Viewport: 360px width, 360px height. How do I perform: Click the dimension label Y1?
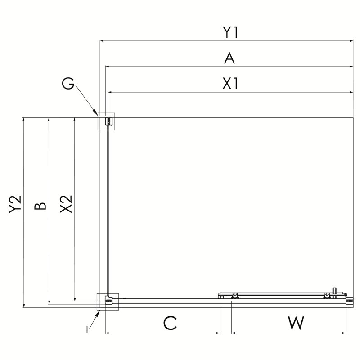point(230,32)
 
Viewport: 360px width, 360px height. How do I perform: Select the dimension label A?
point(229,58)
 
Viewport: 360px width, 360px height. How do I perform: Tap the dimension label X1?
point(230,84)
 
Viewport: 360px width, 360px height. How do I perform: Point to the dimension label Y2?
point(15,204)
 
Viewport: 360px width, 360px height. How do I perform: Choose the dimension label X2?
point(66,204)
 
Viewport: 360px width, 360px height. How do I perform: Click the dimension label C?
point(170,323)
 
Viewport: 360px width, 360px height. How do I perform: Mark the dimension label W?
point(296,323)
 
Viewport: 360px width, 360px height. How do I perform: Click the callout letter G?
point(68,84)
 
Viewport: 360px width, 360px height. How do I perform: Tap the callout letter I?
point(87,330)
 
